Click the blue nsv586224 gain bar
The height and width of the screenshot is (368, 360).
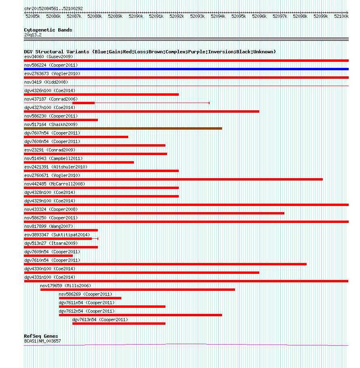186,69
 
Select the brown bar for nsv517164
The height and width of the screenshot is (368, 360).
123,128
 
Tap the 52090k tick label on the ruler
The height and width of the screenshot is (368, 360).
136,17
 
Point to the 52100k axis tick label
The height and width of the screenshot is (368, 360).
341,17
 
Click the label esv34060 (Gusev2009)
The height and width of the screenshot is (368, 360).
49,57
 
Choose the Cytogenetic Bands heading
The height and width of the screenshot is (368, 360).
48,30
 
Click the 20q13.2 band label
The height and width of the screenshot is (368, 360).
33,35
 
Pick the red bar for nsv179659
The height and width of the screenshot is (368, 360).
138,290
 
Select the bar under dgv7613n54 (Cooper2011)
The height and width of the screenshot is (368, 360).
119,324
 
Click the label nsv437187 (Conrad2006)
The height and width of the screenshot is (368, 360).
51,99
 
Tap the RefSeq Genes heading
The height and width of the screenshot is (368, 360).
41,336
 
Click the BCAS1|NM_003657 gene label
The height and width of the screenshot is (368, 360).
42,341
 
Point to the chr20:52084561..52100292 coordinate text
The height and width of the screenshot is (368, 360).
53,8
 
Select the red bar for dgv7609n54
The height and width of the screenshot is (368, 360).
49,256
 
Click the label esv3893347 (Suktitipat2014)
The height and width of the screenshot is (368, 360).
57,235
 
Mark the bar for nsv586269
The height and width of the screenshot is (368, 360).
90,298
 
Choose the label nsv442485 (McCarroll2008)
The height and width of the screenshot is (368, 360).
55,184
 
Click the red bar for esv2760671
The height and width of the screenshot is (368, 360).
174,179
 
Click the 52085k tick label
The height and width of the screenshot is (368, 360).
33,17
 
